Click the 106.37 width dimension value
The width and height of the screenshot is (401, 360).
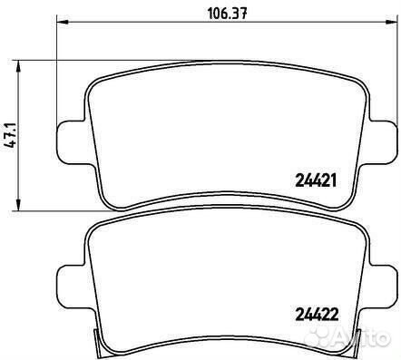(x=228, y=14)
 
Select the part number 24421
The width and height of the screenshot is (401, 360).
(x=315, y=181)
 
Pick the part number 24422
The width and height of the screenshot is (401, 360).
(x=317, y=315)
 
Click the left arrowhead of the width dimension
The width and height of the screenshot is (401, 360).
(x=62, y=22)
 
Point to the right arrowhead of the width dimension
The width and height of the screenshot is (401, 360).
(x=391, y=22)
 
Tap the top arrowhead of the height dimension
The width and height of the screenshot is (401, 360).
(x=19, y=65)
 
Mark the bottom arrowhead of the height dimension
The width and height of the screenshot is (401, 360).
(x=19, y=205)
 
